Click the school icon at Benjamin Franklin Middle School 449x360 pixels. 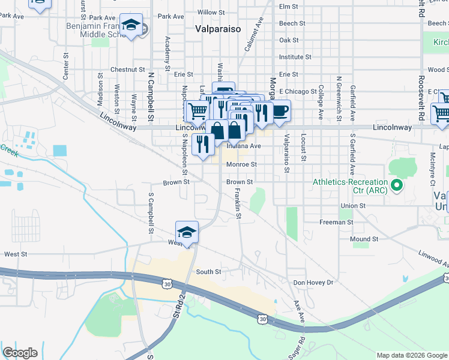coord(131,25)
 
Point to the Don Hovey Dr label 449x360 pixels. coord(312,282)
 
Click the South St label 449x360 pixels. coord(209,272)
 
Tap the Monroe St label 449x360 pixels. coord(241,164)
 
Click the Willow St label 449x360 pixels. coord(211,12)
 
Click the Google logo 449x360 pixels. coord(20,352)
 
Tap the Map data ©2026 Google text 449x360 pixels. coord(411,355)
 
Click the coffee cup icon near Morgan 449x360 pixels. coord(280,110)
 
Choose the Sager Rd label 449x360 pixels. coord(293,347)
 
